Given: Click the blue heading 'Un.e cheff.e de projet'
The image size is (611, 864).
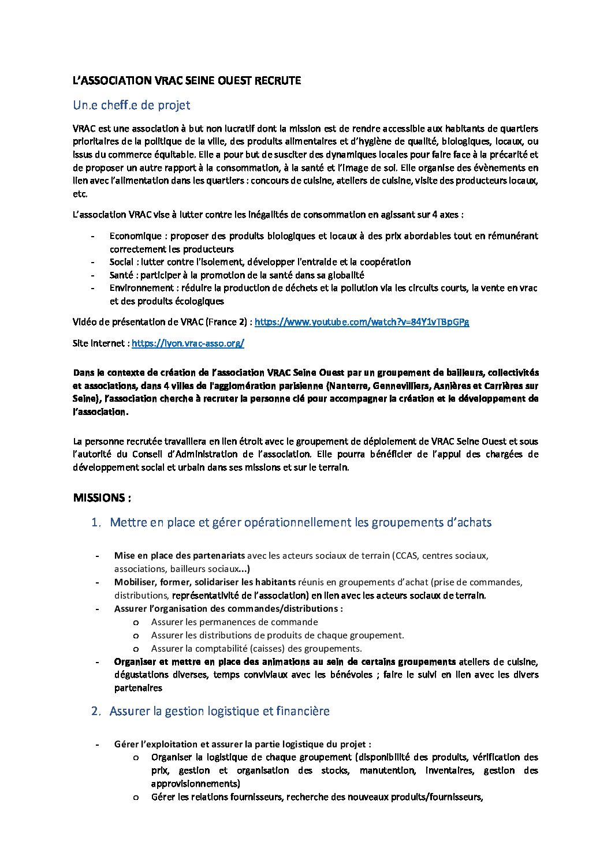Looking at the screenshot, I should [131, 105].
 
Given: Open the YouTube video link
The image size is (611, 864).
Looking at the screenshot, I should [362, 322].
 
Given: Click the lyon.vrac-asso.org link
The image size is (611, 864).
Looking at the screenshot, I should [188, 343].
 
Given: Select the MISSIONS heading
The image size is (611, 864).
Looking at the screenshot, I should [102, 498].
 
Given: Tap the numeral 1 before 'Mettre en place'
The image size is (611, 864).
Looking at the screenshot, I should [95, 523].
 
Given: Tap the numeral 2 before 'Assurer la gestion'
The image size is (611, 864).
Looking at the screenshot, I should [95, 711].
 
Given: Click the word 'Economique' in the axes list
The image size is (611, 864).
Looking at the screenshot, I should [136, 236].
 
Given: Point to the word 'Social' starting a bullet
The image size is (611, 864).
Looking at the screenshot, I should [121, 262].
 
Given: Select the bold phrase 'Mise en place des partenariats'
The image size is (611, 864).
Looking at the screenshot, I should [180, 556].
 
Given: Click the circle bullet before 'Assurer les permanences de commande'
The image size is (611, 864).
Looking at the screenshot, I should [136, 622].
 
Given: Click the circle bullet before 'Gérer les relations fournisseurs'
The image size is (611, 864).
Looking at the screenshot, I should [136, 797].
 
